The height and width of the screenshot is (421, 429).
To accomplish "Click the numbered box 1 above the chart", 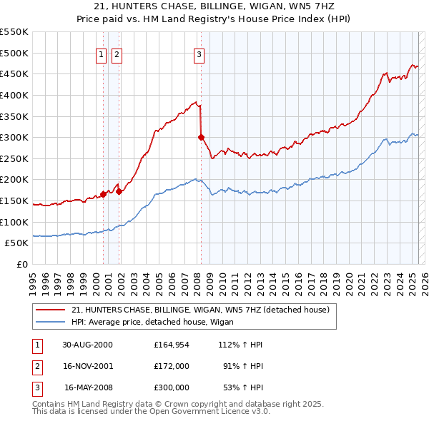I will click(x=101, y=53).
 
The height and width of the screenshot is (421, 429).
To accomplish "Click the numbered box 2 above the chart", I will click(x=117, y=53).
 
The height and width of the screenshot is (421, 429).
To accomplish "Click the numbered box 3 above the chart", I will click(x=199, y=53).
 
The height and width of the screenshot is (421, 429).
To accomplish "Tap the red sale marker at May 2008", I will click(x=201, y=137).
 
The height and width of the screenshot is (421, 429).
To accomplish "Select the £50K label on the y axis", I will click(x=17, y=243).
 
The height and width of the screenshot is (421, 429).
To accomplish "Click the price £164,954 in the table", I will click(x=172, y=345).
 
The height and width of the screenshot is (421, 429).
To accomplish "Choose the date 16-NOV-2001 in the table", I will click(x=87, y=366).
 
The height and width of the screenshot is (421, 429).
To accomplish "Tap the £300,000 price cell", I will click(x=172, y=387).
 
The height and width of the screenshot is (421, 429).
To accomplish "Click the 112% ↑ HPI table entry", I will click(x=242, y=345).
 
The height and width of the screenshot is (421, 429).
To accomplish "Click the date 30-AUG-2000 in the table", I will click(x=87, y=345).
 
